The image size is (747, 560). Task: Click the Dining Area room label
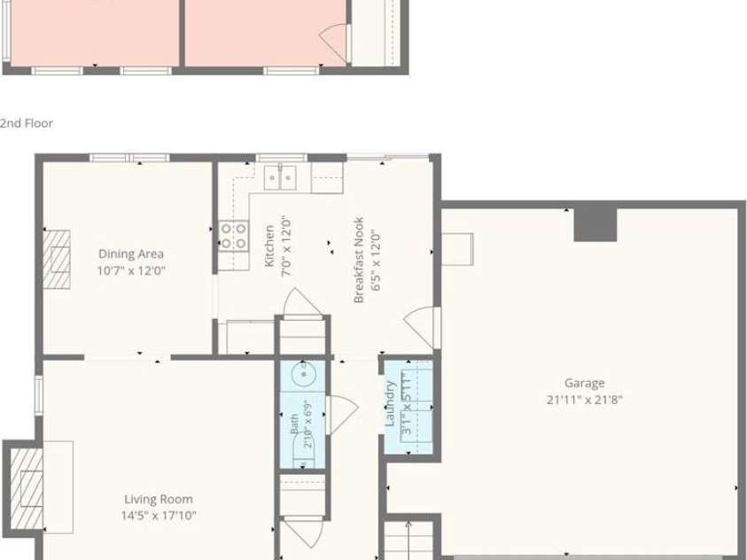click(131, 253)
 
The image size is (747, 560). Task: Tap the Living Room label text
click(159, 499)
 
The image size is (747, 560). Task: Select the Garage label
click(585, 383)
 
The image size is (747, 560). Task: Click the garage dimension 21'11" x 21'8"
click(585, 400)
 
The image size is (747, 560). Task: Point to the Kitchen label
click(269, 245)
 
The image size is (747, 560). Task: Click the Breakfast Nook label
click(359, 260)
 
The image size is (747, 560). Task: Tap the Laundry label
click(390, 403)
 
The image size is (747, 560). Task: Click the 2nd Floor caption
click(27, 123)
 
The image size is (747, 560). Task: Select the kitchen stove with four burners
click(233, 236)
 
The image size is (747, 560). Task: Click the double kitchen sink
click(280, 177)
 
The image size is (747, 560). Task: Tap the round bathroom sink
click(302, 373)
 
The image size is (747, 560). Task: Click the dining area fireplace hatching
click(57, 260)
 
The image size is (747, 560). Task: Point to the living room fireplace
click(27, 489)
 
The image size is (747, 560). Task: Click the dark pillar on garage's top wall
click(595, 224)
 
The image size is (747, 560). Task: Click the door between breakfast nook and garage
click(422, 328)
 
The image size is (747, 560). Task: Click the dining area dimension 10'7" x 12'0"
click(131, 271)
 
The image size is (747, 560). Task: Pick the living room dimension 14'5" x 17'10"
click(159, 515)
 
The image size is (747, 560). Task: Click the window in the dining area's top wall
click(129, 158)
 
